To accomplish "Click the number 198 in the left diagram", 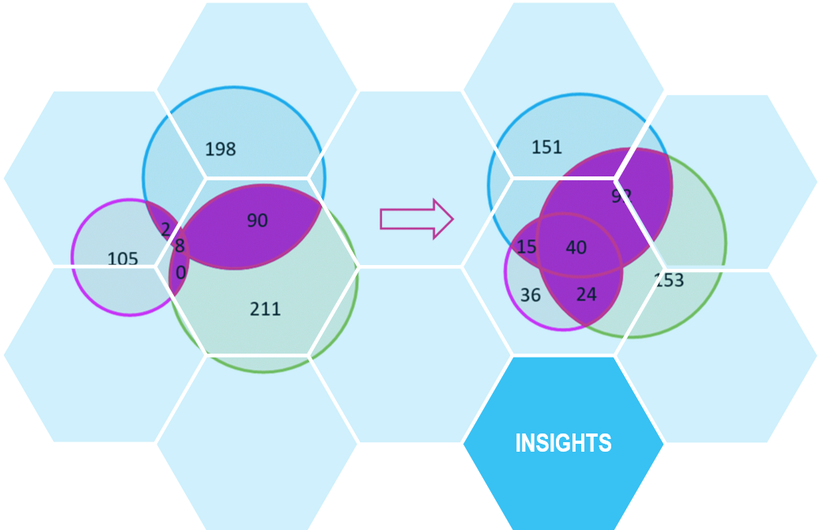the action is click(x=221, y=149).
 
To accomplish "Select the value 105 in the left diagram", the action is click(x=123, y=259).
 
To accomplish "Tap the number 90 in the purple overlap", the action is click(x=257, y=221).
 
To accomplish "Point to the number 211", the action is click(x=265, y=309).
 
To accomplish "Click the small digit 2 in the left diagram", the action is click(x=165, y=229).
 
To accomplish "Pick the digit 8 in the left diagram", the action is click(x=180, y=246).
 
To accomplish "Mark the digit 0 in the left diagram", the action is click(x=180, y=273).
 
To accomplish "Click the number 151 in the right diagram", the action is click(x=546, y=147).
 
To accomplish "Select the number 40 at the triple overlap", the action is click(x=576, y=248).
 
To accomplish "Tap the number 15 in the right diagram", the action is click(x=527, y=247).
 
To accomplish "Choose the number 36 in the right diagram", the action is click(x=531, y=295).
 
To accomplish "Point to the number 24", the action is click(x=586, y=294).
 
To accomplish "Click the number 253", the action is click(x=669, y=280).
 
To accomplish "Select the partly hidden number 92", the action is click(x=622, y=196).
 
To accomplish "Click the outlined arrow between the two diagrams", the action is click(x=416, y=218).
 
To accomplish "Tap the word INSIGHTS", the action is click(x=563, y=443).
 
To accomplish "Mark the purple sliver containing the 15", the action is click(x=523, y=237).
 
